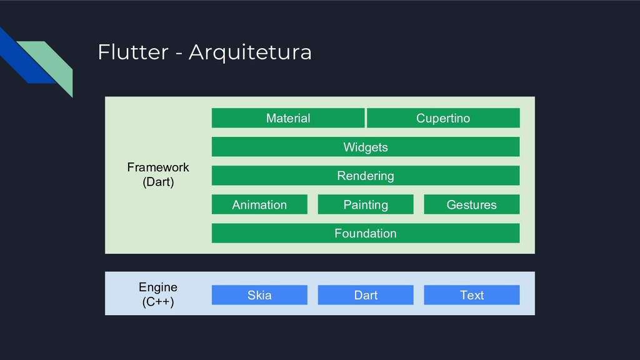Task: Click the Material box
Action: [x=287, y=118]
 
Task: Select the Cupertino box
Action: [x=443, y=118]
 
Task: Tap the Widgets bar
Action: [x=365, y=147]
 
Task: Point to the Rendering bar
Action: [x=365, y=176]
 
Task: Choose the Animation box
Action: [x=259, y=204]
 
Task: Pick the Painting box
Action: [x=365, y=204]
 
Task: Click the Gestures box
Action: [x=471, y=204]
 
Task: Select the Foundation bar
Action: [x=365, y=233]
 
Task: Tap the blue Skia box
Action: [x=259, y=295]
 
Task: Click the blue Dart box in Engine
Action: [x=365, y=295]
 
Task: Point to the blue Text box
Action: [x=471, y=295]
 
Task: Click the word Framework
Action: [x=158, y=167]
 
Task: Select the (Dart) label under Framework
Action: [x=158, y=182]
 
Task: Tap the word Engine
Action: [x=158, y=287]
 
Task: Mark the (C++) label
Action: [x=158, y=302]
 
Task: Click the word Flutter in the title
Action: [x=133, y=52]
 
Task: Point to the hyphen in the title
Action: [x=179, y=54]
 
